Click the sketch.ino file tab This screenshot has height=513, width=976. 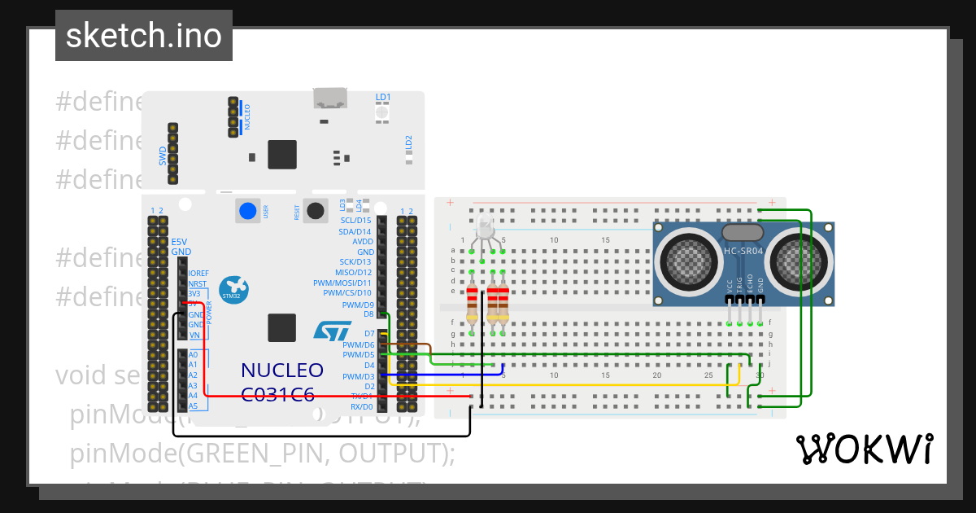[x=144, y=36]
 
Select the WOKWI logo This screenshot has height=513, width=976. [x=864, y=449]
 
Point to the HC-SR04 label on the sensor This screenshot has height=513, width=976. [x=743, y=251]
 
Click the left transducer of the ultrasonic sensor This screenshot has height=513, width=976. [x=687, y=259]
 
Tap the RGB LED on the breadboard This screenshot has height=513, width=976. [x=486, y=230]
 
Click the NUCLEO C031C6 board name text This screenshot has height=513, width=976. [x=281, y=382]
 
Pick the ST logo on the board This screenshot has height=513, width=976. [x=332, y=330]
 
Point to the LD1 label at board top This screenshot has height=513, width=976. [x=383, y=98]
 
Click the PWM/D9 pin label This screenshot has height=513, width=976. [x=358, y=305]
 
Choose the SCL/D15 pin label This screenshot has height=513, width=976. [x=356, y=221]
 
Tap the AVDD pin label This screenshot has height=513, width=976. [x=363, y=242]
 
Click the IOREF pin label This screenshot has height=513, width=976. [x=198, y=274]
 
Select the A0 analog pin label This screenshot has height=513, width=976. [x=193, y=355]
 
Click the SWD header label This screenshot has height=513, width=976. [x=162, y=155]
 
